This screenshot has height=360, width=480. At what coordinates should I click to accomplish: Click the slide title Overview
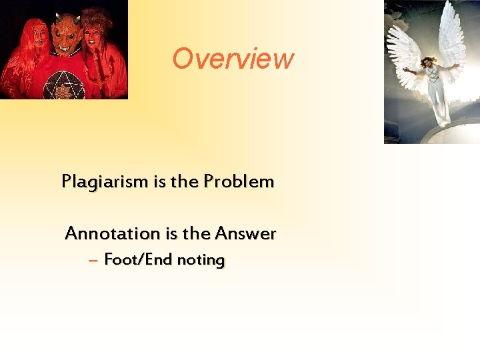coord(233,59)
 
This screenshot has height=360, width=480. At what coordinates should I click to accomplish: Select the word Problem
coord(239,181)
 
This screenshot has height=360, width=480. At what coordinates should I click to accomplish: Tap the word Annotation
coord(112,234)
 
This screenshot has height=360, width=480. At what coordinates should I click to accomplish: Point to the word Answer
coord(245,234)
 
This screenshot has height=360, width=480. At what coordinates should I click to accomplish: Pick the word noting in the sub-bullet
coord(200,260)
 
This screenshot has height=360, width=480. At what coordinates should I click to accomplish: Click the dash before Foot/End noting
coord(93,260)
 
